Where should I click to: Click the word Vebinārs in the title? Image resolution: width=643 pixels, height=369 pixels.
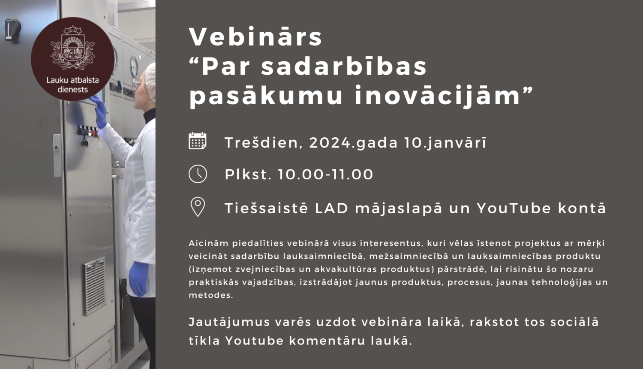tap(255, 37)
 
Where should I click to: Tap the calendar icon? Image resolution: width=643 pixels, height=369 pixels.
tap(198, 141)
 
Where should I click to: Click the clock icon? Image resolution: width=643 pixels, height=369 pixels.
tap(198, 174)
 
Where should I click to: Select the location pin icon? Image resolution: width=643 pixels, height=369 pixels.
tap(198, 207)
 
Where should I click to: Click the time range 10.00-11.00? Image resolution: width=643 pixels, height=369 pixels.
tap(325, 175)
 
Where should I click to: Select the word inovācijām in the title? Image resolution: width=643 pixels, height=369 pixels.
tap(437, 95)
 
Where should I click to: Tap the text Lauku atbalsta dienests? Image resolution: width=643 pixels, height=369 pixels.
tap(72, 85)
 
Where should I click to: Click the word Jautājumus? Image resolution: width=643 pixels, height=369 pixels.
tap(223, 322)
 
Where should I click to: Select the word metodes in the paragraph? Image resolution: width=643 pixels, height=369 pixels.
tap(210, 295)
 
